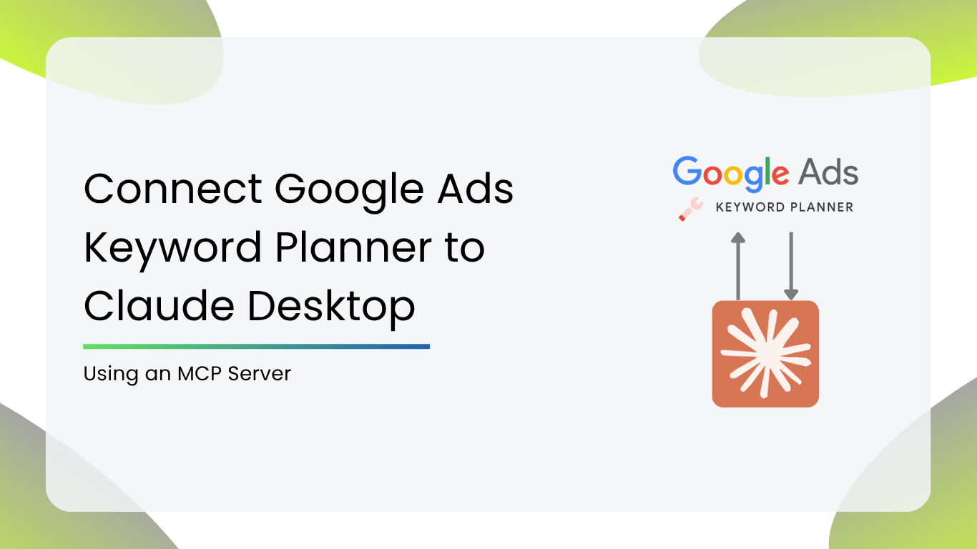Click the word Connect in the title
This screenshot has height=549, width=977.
[172, 189]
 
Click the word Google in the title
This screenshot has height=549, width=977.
[349, 192]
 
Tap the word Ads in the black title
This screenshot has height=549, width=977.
[476, 189]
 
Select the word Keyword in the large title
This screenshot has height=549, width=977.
[172, 249]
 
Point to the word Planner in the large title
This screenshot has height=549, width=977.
[354, 247]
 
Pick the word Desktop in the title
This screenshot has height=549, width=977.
[331, 308]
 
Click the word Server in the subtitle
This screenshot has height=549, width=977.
[259, 374]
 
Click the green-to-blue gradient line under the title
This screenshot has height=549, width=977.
[257, 347]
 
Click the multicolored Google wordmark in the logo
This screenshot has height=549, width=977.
[731, 174]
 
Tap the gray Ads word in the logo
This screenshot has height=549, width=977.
[829, 173]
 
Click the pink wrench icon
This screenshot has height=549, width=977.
[691, 209]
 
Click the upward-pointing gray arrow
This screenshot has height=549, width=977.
[738, 266]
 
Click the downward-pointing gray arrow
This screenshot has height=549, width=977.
[791, 266]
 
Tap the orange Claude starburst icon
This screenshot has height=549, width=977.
[765, 354]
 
